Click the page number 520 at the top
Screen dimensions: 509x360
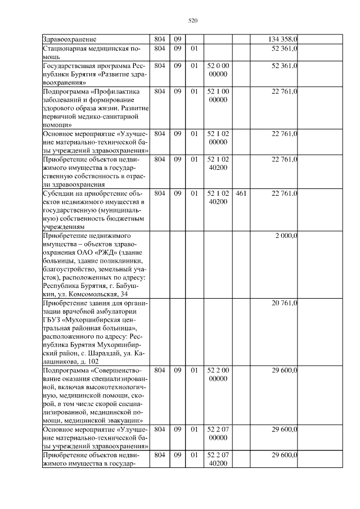(x=192, y=21)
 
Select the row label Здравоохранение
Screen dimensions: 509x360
(x=70, y=39)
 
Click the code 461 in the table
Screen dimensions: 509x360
(x=242, y=193)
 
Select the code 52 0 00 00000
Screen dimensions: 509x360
(x=218, y=70)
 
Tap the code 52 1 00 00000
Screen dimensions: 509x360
(x=218, y=96)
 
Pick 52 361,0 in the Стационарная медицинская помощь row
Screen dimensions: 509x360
(x=285, y=49)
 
